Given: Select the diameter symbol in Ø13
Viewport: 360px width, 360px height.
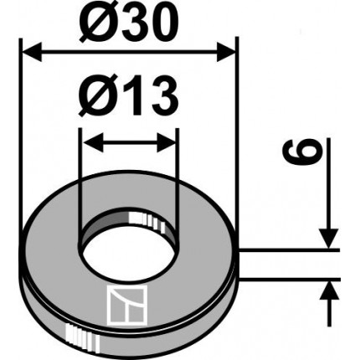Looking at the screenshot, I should [x=95, y=100].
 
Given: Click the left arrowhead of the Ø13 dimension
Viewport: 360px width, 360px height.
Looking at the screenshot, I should [x=89, y=141].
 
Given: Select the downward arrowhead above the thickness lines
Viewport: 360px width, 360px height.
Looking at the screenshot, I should [x=328, y=239].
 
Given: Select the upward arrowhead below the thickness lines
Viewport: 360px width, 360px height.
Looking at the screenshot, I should [x=328, y=290].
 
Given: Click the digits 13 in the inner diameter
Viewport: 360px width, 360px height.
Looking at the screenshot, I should [x=149, y=100].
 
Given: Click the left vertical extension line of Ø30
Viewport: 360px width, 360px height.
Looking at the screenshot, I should [x=19, y=126].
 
